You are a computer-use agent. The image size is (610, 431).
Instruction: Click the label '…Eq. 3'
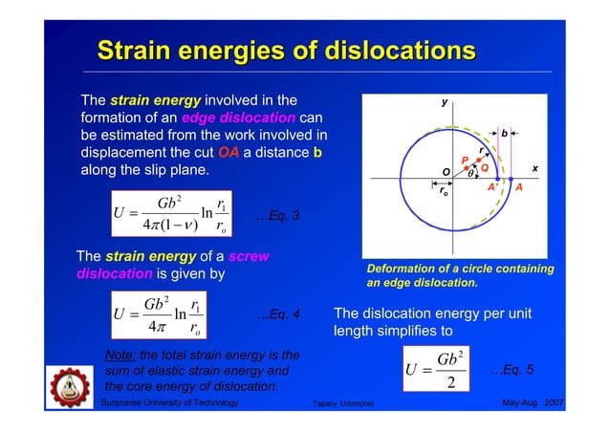pos(280,216)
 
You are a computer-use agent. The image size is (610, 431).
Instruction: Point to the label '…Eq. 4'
pos(280,313)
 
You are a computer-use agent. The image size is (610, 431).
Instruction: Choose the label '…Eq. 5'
pos(512,369)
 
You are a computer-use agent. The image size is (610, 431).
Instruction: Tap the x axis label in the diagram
pos(535,168)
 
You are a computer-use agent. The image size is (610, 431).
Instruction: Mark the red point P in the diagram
pos(467,167)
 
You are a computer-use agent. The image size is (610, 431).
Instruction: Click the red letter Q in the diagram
pos(485,167)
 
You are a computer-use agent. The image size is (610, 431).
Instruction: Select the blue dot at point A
pos(511,179)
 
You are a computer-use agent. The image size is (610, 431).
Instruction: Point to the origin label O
pos(446,172)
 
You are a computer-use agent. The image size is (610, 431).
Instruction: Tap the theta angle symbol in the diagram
pos(469,174)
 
